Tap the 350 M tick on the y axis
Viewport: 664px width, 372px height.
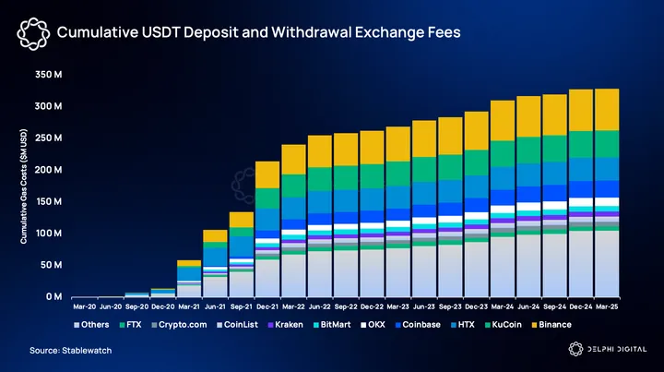(x=49, y=74)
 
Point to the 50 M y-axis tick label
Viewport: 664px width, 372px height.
(x=51, y=265)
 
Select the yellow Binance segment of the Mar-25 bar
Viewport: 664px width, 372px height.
(x=607, y=109)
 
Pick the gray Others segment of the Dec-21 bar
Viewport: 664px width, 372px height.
(x=267, y=278)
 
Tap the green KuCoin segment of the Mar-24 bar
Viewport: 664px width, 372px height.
(x=503, y=152)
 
